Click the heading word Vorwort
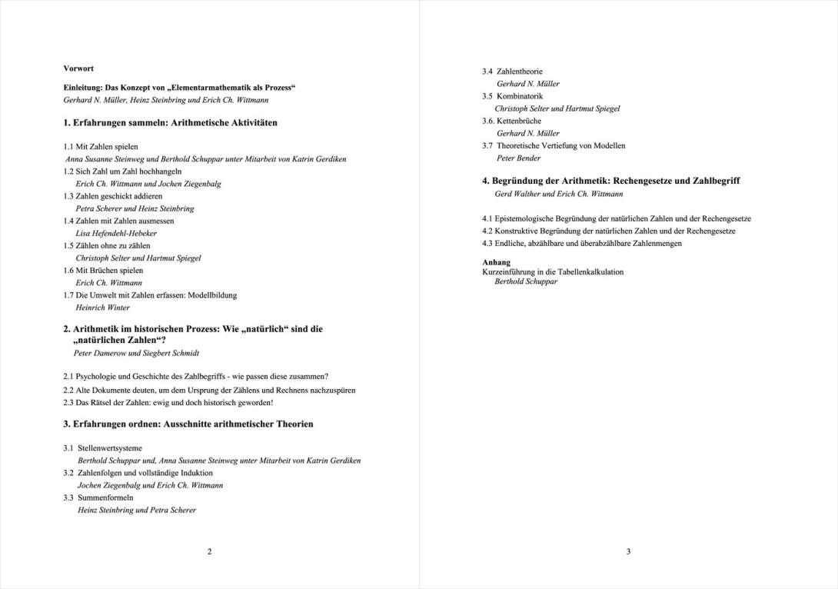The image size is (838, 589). (78, 68)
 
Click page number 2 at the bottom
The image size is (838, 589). (210, 551)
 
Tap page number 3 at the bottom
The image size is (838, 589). (628, 551)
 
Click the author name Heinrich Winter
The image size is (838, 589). (103, 308)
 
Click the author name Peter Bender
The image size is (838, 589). (518, 158)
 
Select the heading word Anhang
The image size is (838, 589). (496, 262)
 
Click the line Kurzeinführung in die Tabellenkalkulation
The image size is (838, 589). (553, 271)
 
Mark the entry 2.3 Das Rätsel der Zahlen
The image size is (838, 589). (168, 402)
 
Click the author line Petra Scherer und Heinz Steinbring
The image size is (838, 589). (135, 208)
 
